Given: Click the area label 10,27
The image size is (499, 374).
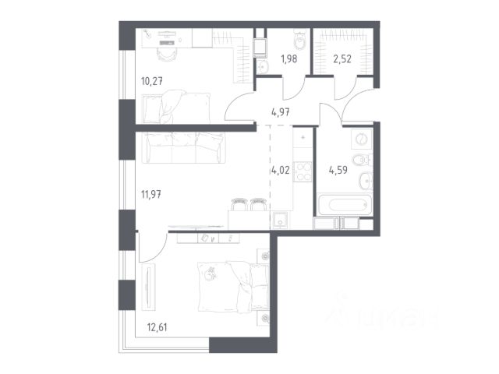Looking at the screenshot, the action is point(152,81).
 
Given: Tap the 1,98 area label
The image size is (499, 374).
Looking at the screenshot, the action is point(288,59).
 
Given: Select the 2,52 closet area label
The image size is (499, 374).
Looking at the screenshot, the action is point(342,59).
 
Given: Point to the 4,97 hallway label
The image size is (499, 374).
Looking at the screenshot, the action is point(281,112).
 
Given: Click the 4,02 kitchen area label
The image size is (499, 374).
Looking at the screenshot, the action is point(280,170).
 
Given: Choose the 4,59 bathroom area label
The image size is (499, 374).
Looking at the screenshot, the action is point(338,170).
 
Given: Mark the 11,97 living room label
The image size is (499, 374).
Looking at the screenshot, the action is point(150,193).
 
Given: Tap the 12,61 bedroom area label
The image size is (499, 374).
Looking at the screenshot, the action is point(157,327).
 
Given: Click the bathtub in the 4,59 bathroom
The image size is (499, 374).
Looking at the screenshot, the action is point(345,204).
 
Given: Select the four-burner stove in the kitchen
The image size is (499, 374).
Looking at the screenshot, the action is point(303,171).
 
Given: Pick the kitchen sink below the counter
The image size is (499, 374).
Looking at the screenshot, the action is point(280,220).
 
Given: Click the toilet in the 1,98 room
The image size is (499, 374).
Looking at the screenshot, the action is point(299,40).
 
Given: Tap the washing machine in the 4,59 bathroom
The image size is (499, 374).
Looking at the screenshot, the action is point(361,139).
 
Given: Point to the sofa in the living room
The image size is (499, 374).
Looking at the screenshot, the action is point(183,148).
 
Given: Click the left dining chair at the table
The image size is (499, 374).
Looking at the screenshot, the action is point(239,204).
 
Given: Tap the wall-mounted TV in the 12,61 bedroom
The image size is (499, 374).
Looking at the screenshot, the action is point(148,286).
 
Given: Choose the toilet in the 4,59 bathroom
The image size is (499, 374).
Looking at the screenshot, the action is point(362,160).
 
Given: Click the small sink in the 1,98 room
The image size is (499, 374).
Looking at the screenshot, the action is point(263,66).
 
